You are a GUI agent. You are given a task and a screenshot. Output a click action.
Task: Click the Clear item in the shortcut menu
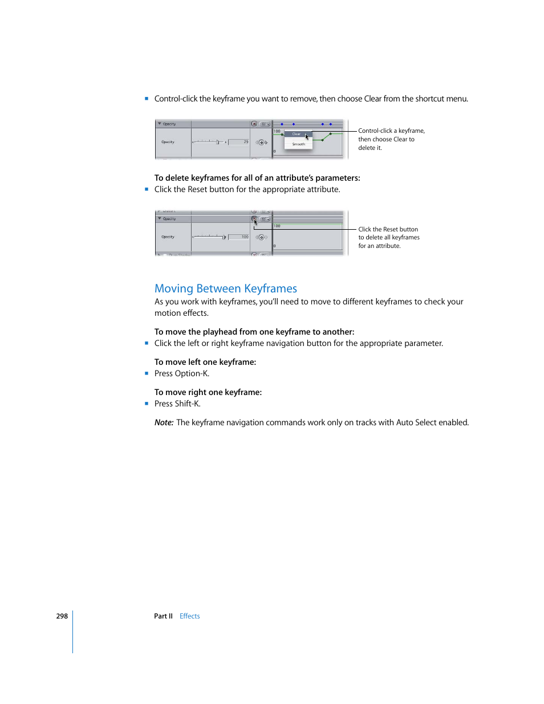pos(297,135)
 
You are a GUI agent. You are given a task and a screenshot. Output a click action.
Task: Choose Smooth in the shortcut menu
pos(298,144)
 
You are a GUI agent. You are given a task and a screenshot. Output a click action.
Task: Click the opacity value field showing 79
pos(239,142)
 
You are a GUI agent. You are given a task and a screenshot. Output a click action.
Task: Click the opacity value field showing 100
pos(239,237)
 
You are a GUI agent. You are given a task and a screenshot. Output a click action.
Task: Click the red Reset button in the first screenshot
pos(254,124)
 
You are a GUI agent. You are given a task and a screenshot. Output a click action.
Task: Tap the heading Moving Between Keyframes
pos(226,288)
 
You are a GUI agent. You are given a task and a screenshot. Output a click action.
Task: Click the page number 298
pos(62,616)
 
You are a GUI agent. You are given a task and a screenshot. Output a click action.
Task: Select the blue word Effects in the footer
pos(189,616)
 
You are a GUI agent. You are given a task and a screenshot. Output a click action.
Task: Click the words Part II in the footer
pos(163,616)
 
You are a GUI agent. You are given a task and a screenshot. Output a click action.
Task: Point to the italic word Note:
pos(164,422)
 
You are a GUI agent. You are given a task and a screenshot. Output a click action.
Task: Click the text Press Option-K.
pos(182,373)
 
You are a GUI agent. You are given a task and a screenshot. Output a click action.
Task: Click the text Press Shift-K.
pos(177,404)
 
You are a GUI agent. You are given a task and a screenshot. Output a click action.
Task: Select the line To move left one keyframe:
pos(205,362)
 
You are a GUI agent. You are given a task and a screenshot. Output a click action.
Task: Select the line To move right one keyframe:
pos(208,392)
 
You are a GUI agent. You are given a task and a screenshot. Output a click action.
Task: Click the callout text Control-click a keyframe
pos(391,131)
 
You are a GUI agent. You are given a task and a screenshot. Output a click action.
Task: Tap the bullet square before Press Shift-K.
pos(147,404)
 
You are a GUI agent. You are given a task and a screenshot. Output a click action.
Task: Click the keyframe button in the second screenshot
pos(262,237)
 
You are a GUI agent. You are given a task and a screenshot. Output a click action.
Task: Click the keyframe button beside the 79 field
pos(262,143)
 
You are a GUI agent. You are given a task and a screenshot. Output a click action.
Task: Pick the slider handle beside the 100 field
pos(224,237)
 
